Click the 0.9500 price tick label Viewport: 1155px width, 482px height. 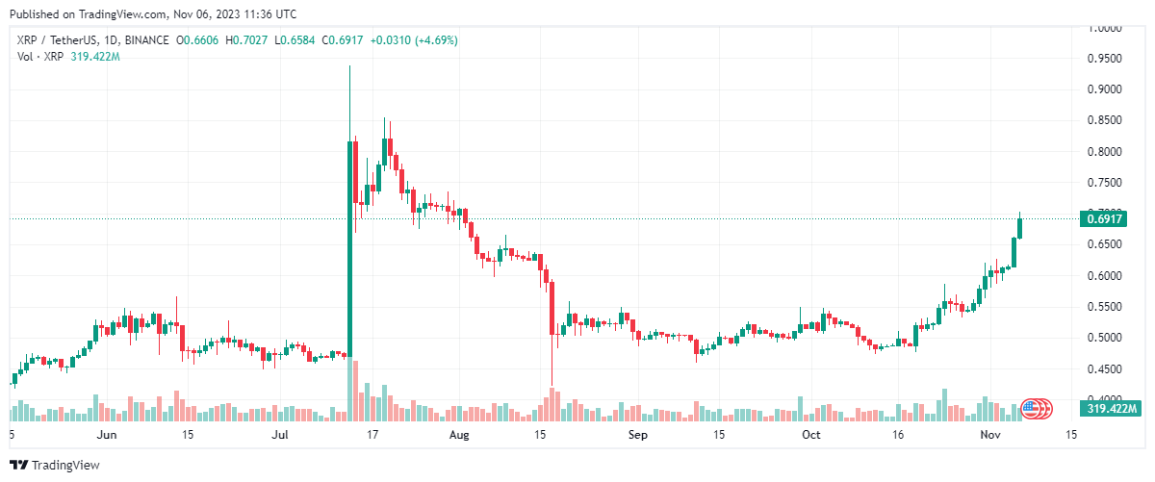1103,59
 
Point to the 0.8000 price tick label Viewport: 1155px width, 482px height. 1103,152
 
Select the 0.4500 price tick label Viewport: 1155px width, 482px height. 1103,368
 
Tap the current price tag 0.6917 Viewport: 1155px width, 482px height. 1103,219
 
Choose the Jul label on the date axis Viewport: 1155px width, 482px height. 280,434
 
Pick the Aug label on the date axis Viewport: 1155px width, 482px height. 459,434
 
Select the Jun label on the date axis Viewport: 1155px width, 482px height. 108,434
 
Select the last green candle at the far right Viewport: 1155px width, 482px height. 1019,228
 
